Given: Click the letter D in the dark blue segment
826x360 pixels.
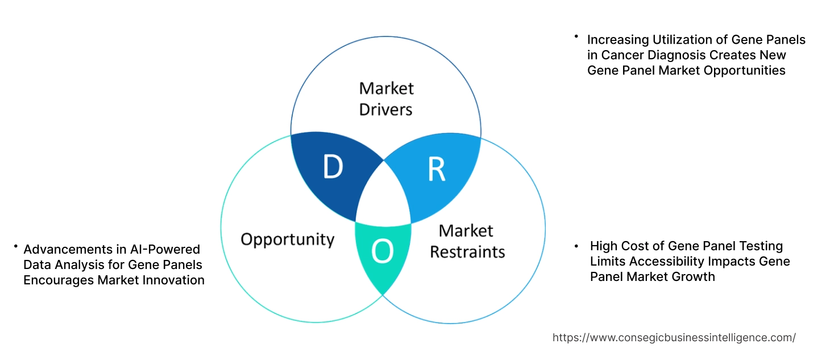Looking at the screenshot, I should [x=333, y=167].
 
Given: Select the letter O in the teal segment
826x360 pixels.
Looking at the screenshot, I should [x=382, y=253].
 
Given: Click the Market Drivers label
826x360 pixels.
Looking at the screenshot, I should [x=386, y=98].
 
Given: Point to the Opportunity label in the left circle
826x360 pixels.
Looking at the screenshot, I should [x=287, y=239].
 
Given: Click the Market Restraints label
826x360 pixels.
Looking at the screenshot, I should [x=467, y=241].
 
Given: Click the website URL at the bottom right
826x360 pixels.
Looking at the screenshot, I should [x=674, y=337].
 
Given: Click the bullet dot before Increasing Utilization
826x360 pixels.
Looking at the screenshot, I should [x=575, y=36].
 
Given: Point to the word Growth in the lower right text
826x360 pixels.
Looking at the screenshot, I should [x=694, y=276].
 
